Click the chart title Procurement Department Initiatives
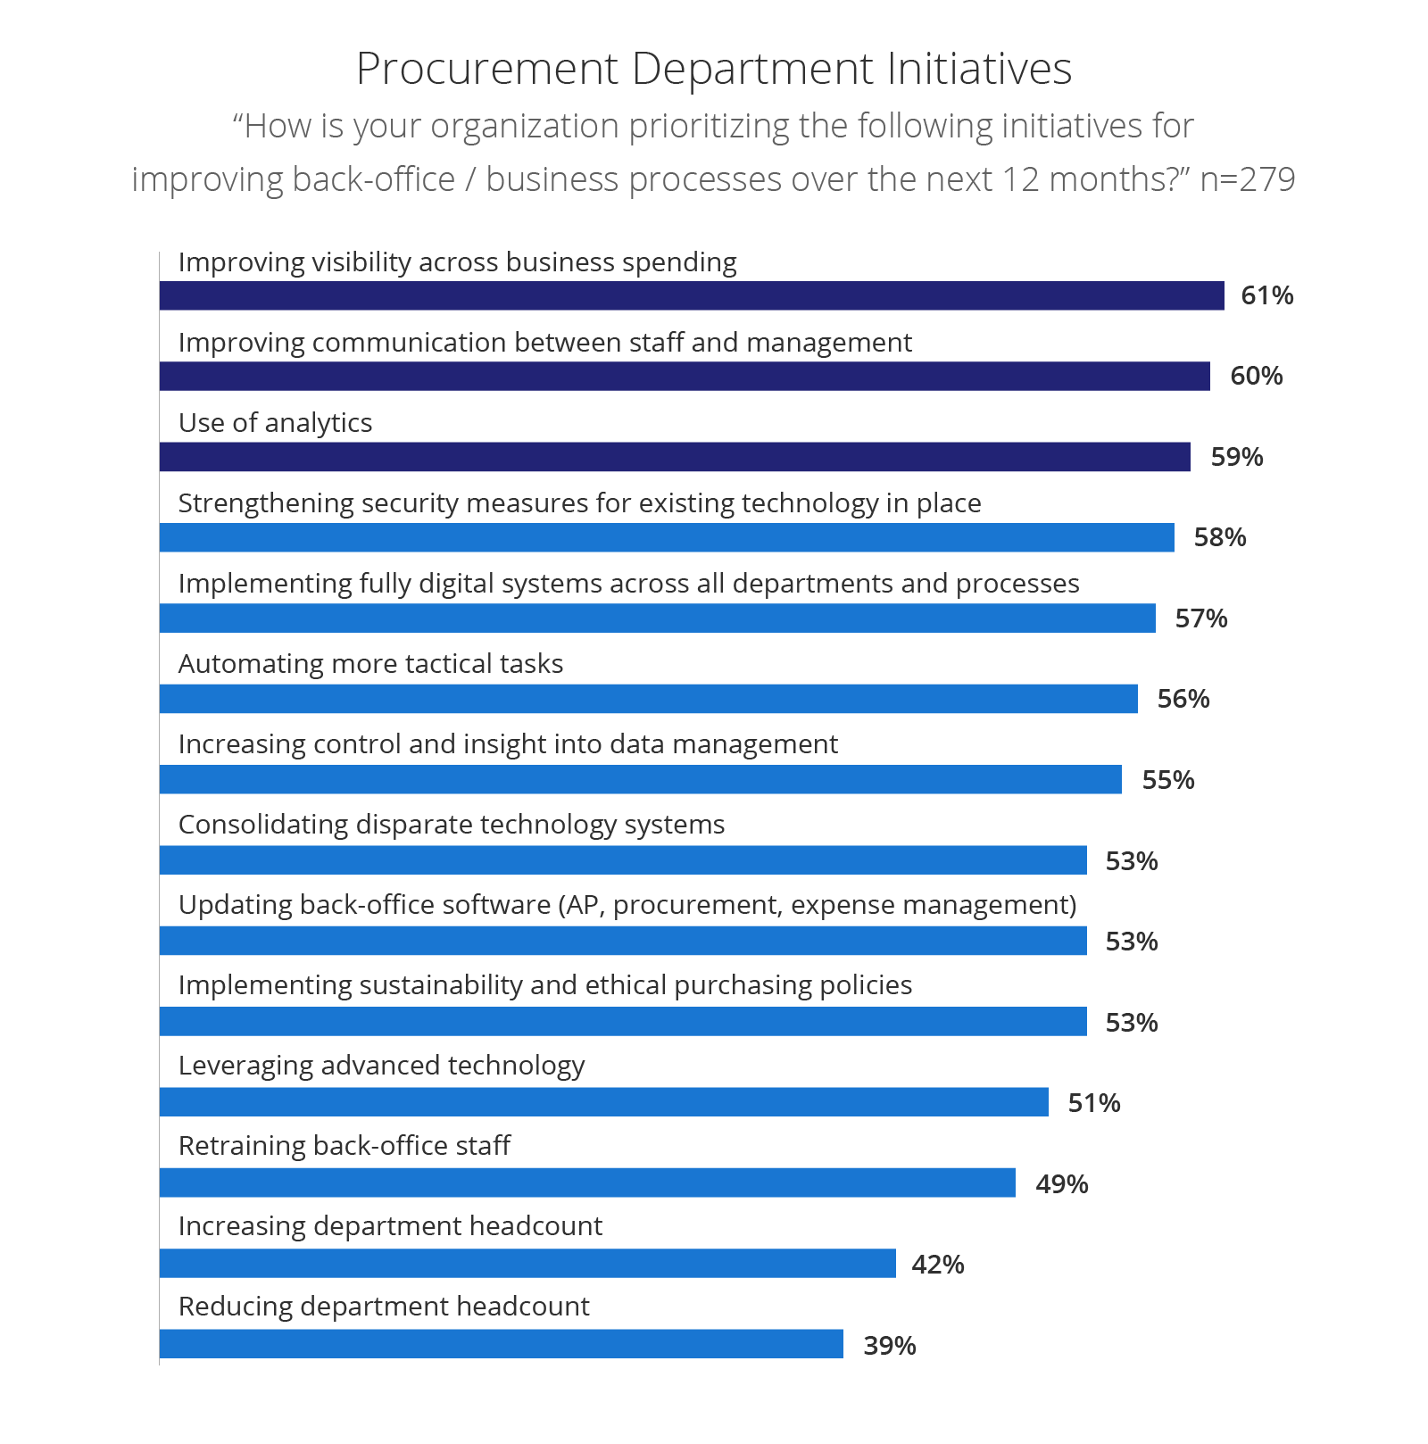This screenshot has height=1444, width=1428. pyautogui.click(x=714, y=69)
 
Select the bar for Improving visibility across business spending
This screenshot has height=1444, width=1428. pyautogui.click(x=692, y=296)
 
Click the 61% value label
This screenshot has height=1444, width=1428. pyautogui.click(x=1266, y=295)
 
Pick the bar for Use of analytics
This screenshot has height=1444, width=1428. pyautogui.click(x=675, y=457)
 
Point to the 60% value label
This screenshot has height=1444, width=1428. pyautogui.click(x=1256, y=376)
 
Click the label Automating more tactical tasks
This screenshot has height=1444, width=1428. pyautogui.click(x=370, y=664)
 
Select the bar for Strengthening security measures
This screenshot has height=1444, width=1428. pyautogui.click(x=667, y=537)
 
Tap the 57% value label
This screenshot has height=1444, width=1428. pyautogui.click(x=1200, y=618)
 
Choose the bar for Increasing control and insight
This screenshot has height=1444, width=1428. pyautogui.click(x=641, y=779)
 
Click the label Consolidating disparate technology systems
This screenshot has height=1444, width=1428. pyautogui.click(x=452, y=825)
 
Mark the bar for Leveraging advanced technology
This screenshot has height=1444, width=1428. pyautogui.click(x=604, y=1101)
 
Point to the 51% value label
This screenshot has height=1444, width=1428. pyautogui.click(x=1094, y=1103)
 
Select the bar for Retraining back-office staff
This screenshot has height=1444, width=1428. pyautogui.click(x=587, y=1183)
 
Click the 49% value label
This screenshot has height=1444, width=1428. pyautogui.click(x=1061, y=1184)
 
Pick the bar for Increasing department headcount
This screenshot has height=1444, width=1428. pyautogui.click(x=527, y=1263)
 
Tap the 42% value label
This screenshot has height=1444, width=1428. pyautogui.click(x=938, y=1265)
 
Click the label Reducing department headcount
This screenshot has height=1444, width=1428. pyautogui.click(x=384, y=1307)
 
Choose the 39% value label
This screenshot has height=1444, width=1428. pyautogui.click(x=889, y=1346)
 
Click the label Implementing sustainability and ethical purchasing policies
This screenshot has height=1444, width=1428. pyautogui.click(x=545, y=985)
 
